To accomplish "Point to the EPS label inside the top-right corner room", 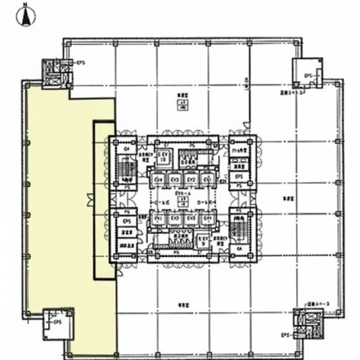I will [308, 75].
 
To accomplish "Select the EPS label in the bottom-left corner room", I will [57, 322].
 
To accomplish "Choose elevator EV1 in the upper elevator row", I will [207, 180].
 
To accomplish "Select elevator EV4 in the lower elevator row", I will [207, 218].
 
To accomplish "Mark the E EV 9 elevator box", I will [202, 241].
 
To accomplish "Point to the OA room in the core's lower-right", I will [238, 249].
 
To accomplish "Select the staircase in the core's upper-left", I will [125, 169].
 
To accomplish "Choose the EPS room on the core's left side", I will [127, 222].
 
